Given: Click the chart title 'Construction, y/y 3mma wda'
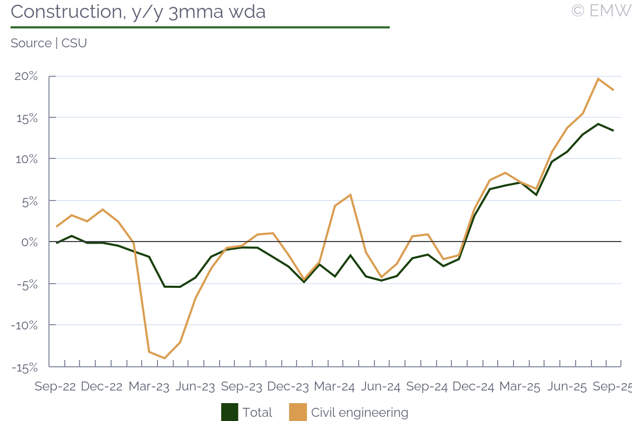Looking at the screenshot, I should tap(138, 12).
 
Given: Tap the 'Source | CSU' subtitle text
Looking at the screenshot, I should tap(48, 43).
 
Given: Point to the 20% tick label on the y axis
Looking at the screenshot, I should tap(26, 76).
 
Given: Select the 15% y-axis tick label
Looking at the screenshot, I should tap(26, 117).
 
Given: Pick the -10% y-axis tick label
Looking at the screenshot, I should tap(24, 325).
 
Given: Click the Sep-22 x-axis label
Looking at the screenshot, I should tap(55, 387).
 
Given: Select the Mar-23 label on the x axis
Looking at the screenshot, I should tap(149, 387).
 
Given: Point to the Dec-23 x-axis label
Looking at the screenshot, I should tap(288, 387).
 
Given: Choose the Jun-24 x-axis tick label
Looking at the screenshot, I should tap(381, 387).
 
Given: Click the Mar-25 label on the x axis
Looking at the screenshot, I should tap(520, 387).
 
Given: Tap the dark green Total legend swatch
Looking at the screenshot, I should tap(230, 412).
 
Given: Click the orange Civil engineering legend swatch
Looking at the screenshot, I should tap(298, 412).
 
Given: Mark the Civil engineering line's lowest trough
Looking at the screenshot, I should tap(165, 358).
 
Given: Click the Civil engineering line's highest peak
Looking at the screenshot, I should tap(598, 79).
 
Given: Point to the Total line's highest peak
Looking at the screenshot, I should tap(598, 124).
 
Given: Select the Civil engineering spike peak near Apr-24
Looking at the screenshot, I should tap(350, 195).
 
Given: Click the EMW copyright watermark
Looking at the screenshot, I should tap(601, 11).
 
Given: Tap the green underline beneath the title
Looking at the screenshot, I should tap(200, 27).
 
